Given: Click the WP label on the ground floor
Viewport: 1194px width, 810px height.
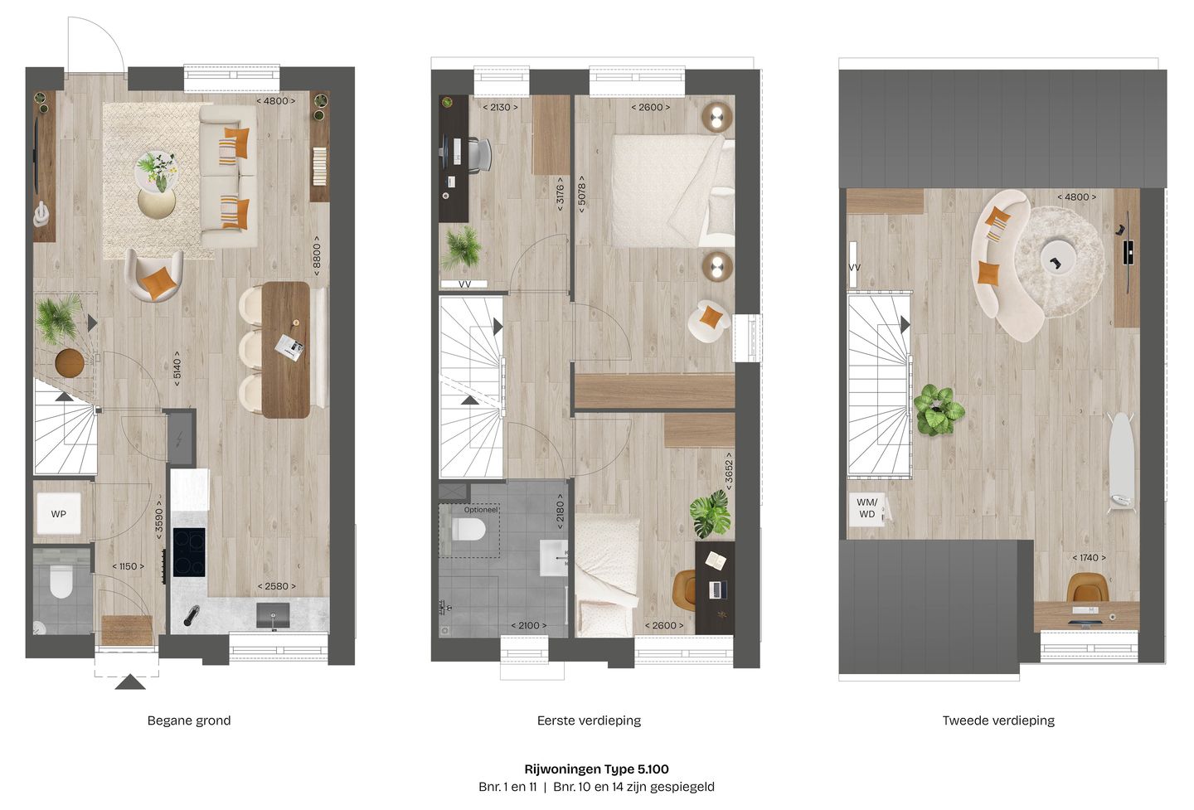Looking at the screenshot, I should [x=58, y=514].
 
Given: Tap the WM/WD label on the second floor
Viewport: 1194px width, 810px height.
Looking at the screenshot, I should [x=866, y=508].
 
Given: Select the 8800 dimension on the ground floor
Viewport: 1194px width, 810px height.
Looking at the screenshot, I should [x=316, y=256].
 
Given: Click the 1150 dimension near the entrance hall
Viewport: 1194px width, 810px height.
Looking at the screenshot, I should [x=129, y=566].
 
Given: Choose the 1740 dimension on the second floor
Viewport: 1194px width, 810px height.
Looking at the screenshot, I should [x=1089, y=558].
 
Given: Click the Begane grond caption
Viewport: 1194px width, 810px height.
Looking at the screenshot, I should [x=189, y=720].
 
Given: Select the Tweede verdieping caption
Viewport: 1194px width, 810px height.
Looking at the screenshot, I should [x=998, y=720].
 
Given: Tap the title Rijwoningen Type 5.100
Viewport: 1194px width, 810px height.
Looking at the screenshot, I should [x=596, y=769].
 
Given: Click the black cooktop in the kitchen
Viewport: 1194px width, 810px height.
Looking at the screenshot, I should [x=189, y=552].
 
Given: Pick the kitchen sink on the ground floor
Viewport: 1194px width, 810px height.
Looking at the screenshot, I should [x=273, y=616].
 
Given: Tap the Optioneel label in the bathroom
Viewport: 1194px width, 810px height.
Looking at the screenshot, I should [x=481, y=510].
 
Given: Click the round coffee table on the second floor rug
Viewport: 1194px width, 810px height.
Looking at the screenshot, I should [x=1058, y=256].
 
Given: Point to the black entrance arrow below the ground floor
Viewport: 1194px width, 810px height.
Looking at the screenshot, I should [x=130, y=682].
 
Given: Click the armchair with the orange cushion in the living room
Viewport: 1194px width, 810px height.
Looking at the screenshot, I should [x=155, y=276].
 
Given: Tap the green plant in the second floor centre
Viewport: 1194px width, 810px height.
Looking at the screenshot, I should [x=938, y=410].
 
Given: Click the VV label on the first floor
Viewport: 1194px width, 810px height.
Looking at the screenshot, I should [x=464, y=284].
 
